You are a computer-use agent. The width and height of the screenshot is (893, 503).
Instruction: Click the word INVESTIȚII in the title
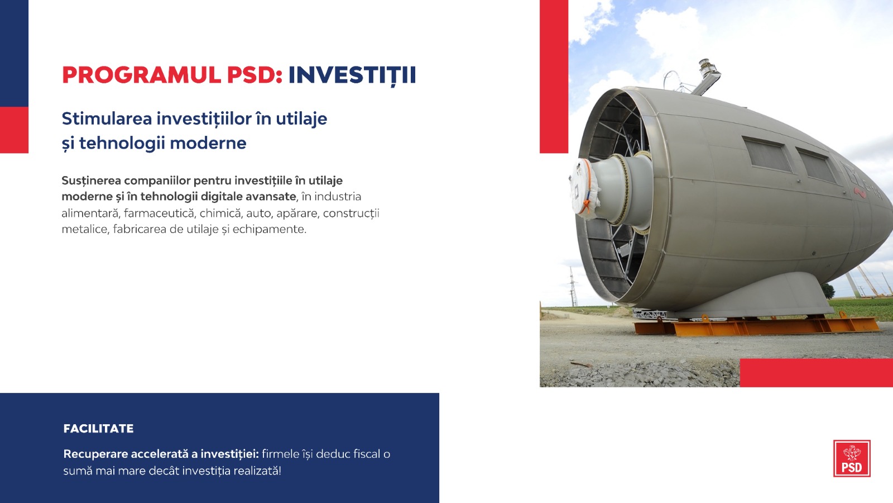tap(352, 75)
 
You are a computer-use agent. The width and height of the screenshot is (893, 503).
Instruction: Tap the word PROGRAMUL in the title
tap(142, 75)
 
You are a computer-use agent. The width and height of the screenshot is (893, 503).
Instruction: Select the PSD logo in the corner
tap(852, 458)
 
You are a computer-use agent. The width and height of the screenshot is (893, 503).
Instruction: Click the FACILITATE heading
tap(98, 429)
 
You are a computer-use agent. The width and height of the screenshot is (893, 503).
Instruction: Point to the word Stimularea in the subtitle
tap(107, 118)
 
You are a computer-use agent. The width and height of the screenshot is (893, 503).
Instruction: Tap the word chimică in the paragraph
tap(220, 213)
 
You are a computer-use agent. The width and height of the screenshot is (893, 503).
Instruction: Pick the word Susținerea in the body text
tap(92, 181)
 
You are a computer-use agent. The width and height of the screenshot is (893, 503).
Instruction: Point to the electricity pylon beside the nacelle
tap(573, 287)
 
